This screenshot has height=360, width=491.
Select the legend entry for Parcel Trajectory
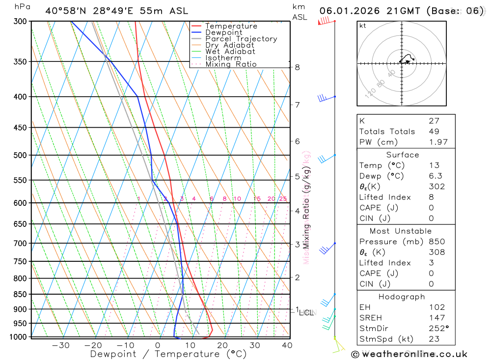coord(241,39)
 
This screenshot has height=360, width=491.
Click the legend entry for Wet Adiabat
coord(230,52)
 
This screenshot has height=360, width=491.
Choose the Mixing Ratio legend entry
coord(231,64)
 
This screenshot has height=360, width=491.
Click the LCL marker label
coord(307,312)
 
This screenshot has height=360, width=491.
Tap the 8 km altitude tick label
coord(298,67)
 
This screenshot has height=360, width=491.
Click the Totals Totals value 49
coord(434,131)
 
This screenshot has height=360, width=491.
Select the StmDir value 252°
coord(438,328)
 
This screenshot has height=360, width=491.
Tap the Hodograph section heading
coord(406,297)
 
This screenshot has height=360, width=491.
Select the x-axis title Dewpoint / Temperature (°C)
coord(168,354)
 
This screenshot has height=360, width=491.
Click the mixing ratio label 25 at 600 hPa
coord(283,199)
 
